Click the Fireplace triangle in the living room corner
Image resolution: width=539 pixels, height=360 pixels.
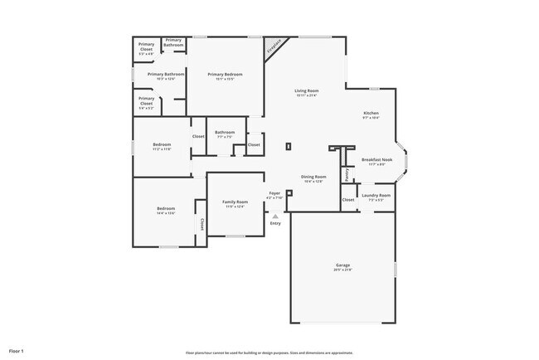(x=273, y=47)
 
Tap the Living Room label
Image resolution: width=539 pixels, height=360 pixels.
(x=306, y=90)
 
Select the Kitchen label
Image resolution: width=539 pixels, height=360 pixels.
(x=371, y=113)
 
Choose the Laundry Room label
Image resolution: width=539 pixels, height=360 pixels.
(x=376, y=196)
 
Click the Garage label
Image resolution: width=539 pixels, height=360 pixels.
(x=342, y=265)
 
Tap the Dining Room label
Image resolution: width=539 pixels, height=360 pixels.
(x=313, y=177)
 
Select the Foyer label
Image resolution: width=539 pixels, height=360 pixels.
(x=274, y=193)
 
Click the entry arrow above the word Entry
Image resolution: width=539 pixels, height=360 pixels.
(x=275, y=216)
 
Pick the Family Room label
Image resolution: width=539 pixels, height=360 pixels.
(x=235, y=202)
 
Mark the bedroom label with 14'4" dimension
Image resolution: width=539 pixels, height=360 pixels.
(x=166, y=208)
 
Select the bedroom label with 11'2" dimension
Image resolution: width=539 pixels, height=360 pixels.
(x=162, y=144)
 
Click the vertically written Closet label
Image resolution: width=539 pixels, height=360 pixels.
(x=202, y=224)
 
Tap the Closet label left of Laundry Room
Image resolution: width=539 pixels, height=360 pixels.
(x=348, y=200)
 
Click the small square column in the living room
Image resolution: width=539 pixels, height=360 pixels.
(x=289, y=147)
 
